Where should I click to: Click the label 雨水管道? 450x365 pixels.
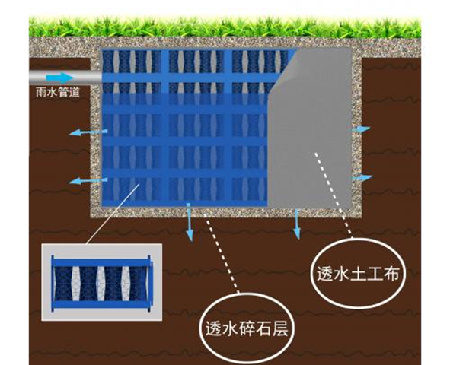(57, 93)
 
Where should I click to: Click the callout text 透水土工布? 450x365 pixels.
(358, 274)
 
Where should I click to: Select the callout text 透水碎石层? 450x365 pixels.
(247, 328)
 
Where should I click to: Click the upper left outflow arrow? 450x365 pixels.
(88, 132)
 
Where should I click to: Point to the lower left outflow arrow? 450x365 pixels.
(88, 180)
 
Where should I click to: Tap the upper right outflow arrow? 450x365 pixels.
(362, 129)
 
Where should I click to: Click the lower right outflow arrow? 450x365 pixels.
(362, 177)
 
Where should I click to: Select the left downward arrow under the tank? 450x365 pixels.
(189, 222)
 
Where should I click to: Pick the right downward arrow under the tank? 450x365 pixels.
(297, 224)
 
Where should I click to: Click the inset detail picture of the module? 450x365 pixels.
(102, 282)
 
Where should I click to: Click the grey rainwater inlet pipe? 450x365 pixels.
(65, 78)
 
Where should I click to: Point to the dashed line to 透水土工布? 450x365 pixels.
(334, 195)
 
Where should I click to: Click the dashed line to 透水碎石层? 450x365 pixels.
(221, 253)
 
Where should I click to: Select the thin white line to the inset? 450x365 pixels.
(113, 214)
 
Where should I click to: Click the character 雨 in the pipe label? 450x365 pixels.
(41, 93)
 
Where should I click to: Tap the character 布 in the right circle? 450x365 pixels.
(391, 274)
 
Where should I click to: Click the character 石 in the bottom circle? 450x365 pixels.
(263, 328)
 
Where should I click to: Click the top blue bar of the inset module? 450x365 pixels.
(101, 262)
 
